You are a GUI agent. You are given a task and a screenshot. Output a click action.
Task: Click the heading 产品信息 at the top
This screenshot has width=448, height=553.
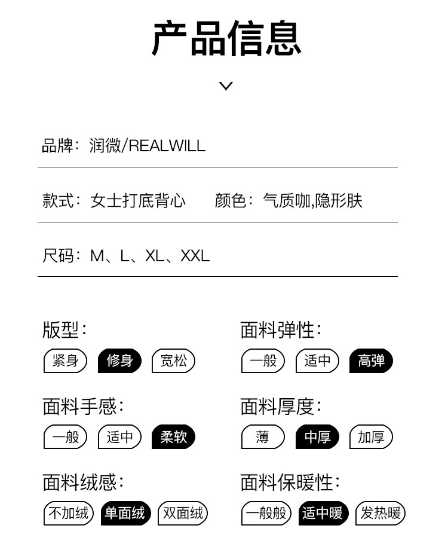pos(226,39)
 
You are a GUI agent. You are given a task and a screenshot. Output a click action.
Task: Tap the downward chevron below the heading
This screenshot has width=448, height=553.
pos(226,85)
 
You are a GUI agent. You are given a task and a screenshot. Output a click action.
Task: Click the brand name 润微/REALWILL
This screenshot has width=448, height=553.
pos(148,145)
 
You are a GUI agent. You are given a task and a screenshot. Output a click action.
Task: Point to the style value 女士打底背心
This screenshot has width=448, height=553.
pos(138,200)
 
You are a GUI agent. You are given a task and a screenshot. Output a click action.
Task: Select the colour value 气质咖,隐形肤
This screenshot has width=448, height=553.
pos(312,200)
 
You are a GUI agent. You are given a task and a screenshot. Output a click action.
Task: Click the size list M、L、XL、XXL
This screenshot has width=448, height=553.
pos(150,256)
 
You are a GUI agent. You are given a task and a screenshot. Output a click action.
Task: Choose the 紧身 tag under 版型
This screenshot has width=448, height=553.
pos(66,361)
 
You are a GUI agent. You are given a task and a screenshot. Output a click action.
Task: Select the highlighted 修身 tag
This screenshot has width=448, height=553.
pos(119,361)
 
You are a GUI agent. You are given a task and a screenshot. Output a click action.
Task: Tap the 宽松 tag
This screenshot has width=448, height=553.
pos(173,361)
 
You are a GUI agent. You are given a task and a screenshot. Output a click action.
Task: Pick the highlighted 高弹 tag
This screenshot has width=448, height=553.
pos(371,361)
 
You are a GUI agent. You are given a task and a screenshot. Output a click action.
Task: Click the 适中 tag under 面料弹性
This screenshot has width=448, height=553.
pos(317,361)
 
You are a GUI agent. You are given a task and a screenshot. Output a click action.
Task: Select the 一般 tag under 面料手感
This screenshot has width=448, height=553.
pos(66,437)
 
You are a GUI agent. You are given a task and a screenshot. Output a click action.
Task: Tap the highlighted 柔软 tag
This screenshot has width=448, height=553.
pos(173,437)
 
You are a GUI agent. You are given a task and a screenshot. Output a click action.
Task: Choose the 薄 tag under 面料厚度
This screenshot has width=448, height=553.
pos(263,437)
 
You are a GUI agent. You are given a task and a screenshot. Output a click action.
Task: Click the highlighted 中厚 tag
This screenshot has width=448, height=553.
pos(317,437)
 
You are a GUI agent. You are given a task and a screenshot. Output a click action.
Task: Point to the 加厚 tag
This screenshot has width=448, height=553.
pos(371,437)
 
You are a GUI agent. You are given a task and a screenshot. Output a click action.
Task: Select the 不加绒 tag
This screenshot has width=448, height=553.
pos(68,513)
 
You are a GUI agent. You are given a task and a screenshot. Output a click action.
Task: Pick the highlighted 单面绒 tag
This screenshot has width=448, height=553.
pos(125,513)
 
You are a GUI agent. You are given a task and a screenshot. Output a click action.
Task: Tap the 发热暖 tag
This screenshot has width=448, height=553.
pos(381,513)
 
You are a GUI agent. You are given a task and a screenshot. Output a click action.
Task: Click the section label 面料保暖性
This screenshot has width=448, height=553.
pos(290,482)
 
